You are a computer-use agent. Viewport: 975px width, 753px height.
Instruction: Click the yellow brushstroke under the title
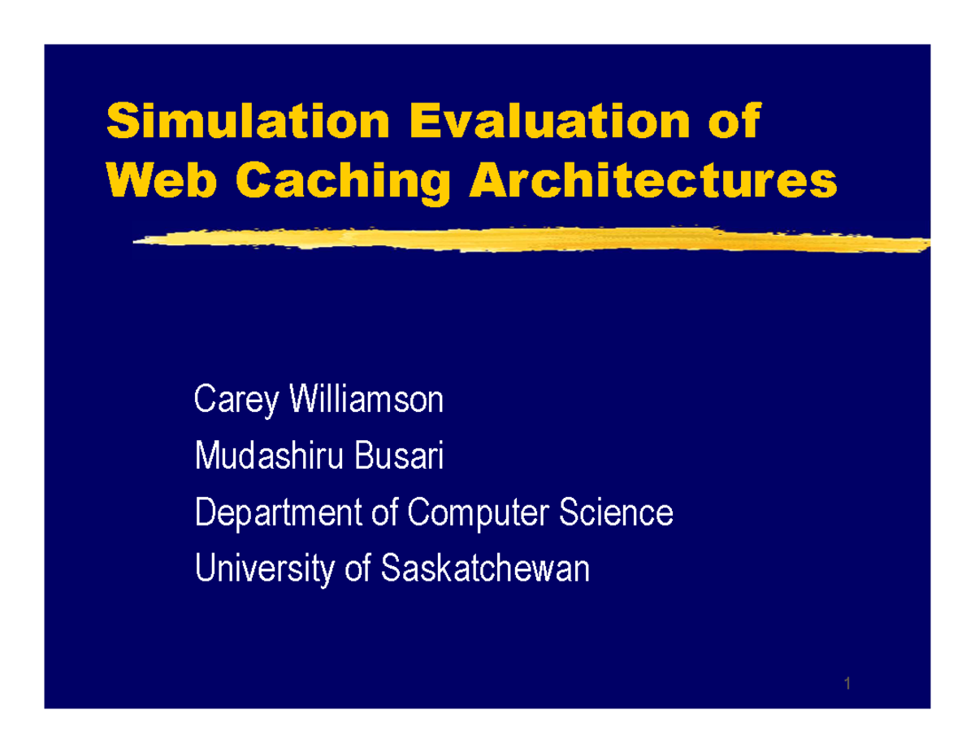pos(528,240)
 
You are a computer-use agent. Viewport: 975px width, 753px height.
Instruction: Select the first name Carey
pos(234,402)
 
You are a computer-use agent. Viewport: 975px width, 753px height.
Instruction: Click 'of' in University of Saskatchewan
pos(358,569)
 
